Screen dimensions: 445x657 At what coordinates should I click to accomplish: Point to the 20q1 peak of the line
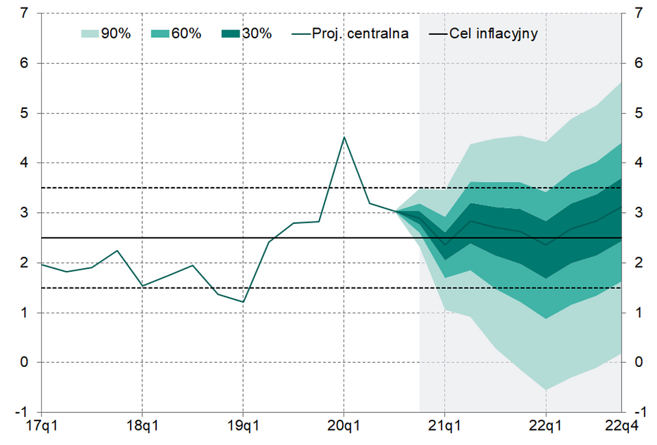point(344,137)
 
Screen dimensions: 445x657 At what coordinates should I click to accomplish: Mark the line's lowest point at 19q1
point(243,302)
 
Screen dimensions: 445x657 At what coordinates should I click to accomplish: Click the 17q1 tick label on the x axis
point(41,428)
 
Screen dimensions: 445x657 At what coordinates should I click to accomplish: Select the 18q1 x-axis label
point(142,428)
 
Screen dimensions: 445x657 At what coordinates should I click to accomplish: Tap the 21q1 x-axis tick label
point(445,428)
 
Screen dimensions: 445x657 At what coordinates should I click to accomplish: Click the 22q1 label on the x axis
point(545,428)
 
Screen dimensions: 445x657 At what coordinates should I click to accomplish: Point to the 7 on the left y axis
point(25,13)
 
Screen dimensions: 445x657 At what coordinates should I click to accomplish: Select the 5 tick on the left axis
point(25,113)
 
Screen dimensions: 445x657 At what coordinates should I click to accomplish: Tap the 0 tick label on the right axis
point(639,362)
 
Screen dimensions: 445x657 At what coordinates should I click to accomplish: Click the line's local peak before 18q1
point(117,251)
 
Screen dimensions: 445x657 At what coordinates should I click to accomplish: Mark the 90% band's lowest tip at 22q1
point(545,390)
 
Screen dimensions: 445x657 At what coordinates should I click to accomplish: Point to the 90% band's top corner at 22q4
point(621,82)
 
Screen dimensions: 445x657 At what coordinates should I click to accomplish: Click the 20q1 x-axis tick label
point(344,428)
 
